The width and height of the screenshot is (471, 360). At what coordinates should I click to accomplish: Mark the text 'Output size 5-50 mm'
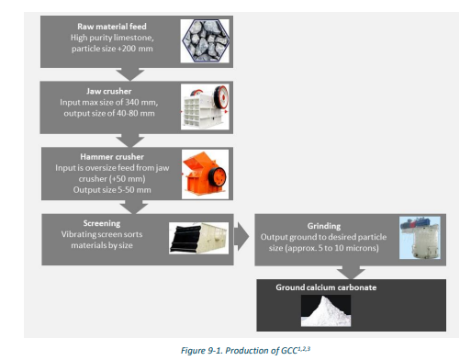coord(101,190)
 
